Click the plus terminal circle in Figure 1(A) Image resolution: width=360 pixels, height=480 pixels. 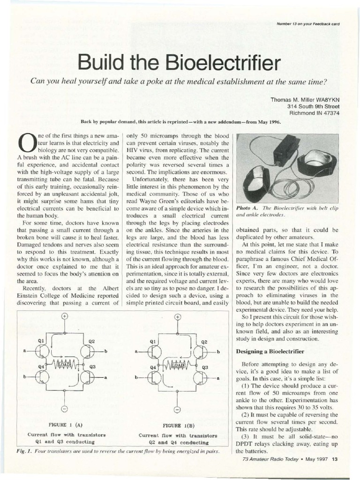[64, 316]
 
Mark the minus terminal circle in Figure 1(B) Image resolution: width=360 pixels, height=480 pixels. [178, 410]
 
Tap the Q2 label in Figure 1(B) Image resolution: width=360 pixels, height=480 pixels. [204, 342]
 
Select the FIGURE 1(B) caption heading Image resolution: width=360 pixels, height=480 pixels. [178, 426]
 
